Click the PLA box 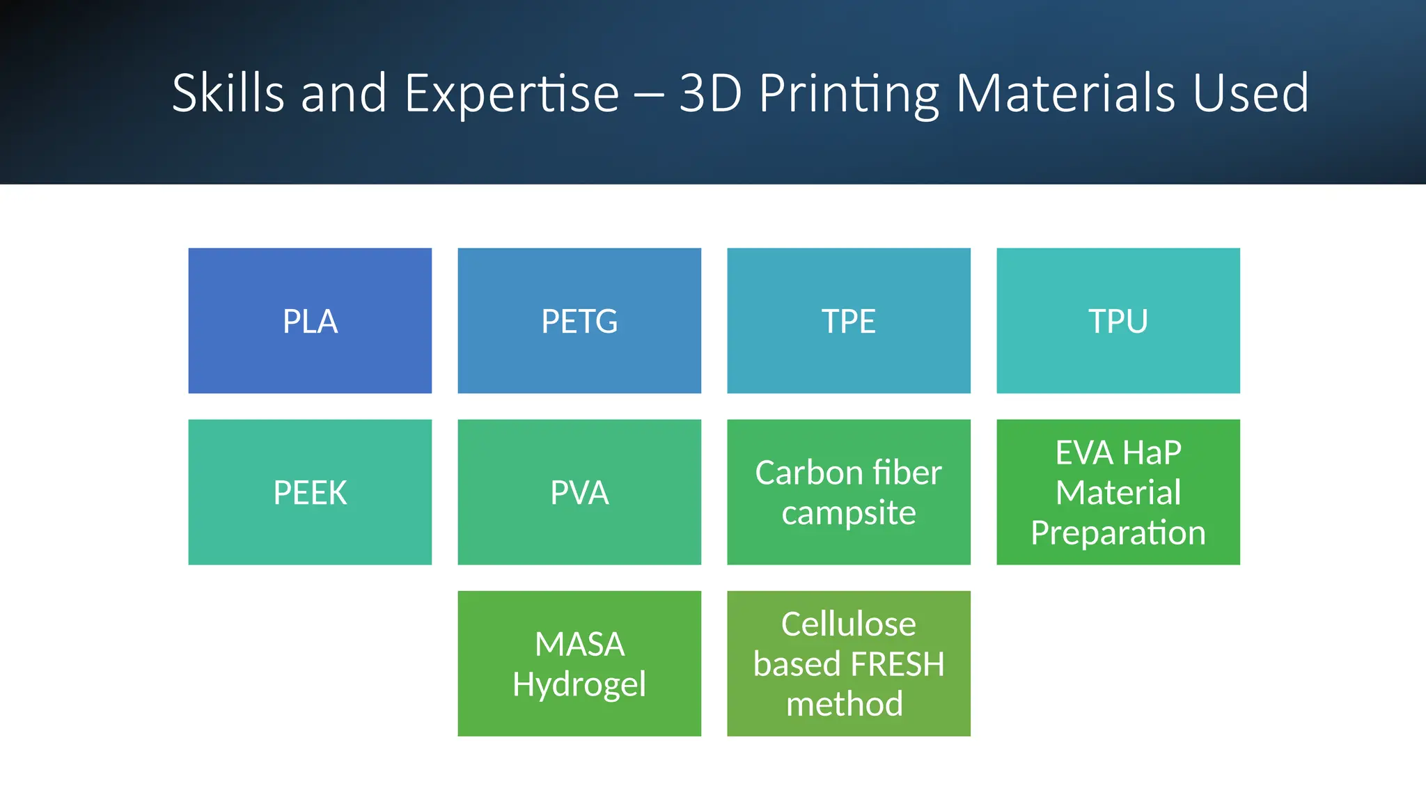click(310, 321)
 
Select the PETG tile click(579, 321)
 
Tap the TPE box click(848, 321)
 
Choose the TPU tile click(1118, 321)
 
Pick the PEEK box click(310, 492)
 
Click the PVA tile click(579, 492)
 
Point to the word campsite click(848, 514)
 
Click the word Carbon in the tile click(799, 473)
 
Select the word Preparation click(1118, 533)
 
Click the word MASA click(579, 644)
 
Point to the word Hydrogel click(579, 685)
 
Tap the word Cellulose click(848, 624)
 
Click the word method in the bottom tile click(844, 704)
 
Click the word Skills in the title click(228, 93)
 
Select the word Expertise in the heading click(512, 93)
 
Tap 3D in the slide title click(710, 93)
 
